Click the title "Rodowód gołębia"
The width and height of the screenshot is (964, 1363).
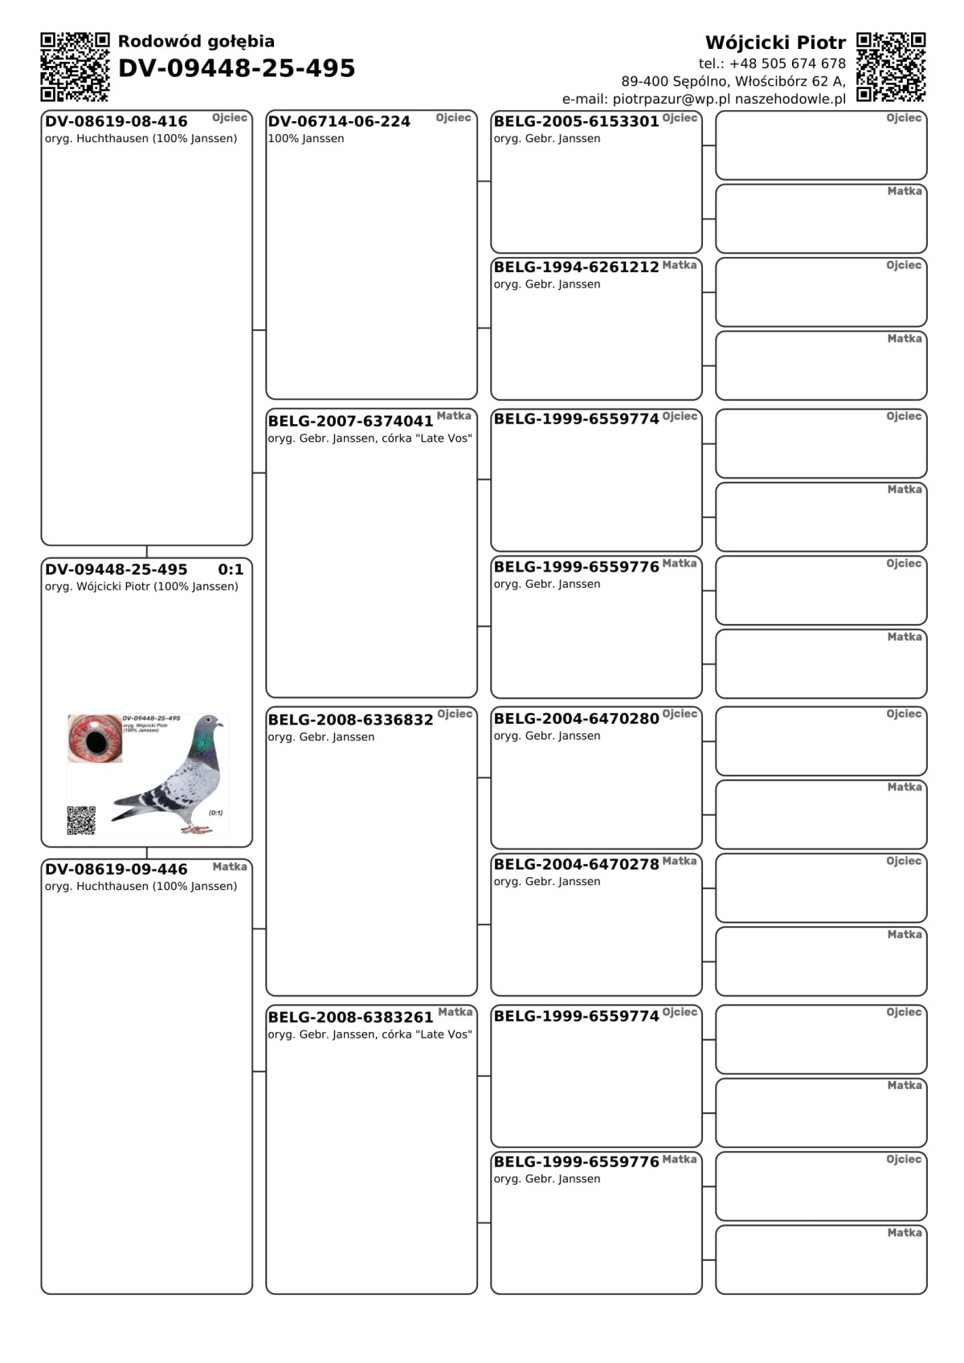(196, 42)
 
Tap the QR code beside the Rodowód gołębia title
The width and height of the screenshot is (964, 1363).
(75, 67)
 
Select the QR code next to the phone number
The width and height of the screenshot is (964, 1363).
(891, 67)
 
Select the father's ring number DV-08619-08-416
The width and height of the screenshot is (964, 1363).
(116, 121)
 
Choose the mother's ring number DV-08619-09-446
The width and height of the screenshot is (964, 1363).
(116, 869)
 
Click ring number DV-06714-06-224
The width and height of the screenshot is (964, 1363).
(339, 121)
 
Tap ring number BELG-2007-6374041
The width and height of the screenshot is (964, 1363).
(350, 421)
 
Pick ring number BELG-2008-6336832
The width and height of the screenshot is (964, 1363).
(350, 720)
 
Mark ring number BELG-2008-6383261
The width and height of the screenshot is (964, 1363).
(350, 1017)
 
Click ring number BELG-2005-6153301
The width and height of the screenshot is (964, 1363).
(576, 121)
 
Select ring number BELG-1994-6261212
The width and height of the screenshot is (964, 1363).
(576, 267)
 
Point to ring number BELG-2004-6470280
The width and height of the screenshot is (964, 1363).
(576, 718)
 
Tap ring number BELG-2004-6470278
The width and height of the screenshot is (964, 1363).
(576, 864)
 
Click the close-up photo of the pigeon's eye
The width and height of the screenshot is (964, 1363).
(95, 737)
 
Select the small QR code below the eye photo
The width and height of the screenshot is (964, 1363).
(81, 820)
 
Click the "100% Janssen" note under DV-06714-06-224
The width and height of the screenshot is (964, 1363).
(306, 139)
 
